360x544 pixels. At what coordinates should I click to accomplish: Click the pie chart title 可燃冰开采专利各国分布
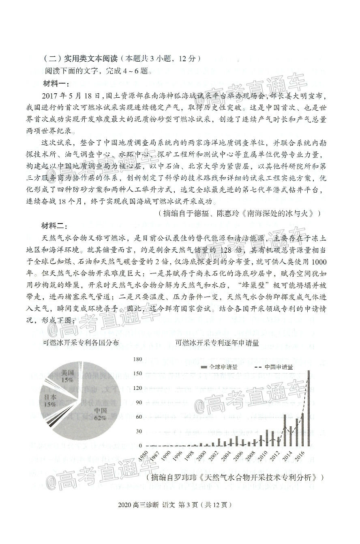81,343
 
